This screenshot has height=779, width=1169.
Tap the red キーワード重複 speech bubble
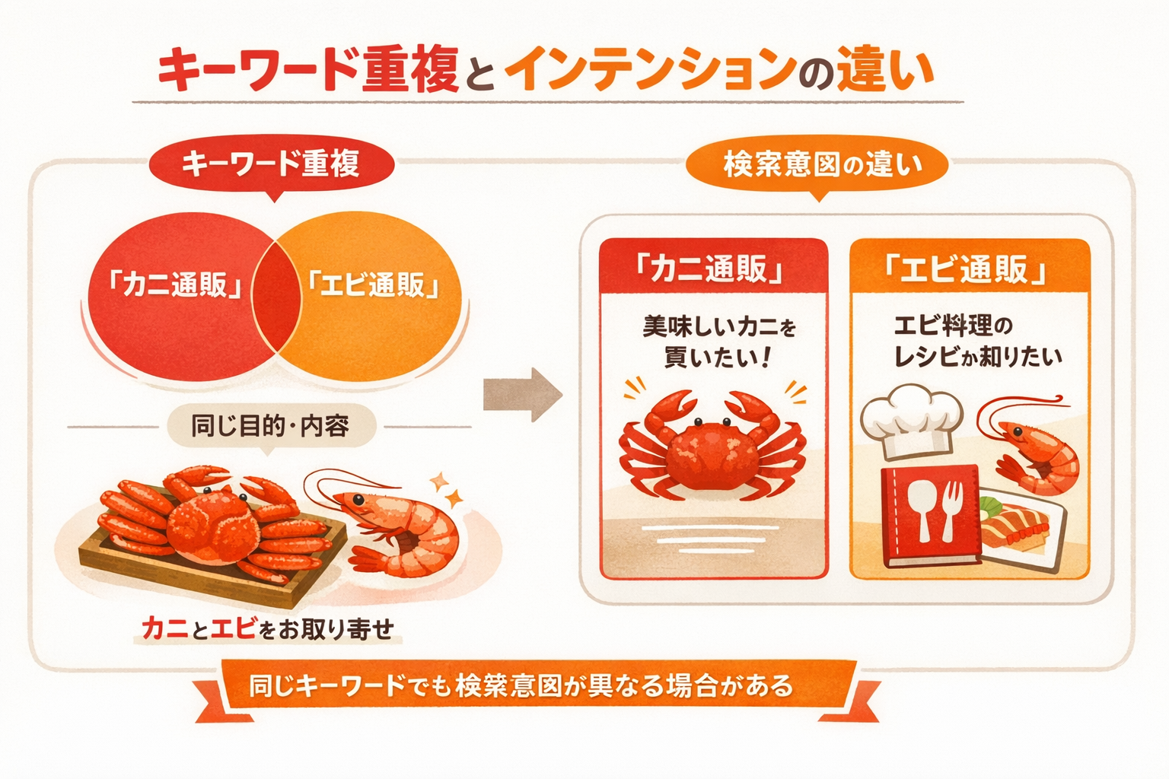[x=272, y=164]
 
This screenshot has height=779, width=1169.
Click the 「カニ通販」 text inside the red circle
[x=174, y=285]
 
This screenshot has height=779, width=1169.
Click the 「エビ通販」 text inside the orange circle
[x=373, y=285]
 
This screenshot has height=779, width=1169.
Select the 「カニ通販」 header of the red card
[x=713, y=269]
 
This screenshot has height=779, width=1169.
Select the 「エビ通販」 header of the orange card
[x=969, y=269]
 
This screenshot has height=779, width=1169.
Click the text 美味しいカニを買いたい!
[x=719, y=342]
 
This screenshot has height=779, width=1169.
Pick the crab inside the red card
[x=712, y=445]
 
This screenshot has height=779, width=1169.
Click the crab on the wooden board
[x=209, y=525]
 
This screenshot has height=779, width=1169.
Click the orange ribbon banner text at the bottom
[x=522, y=686]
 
